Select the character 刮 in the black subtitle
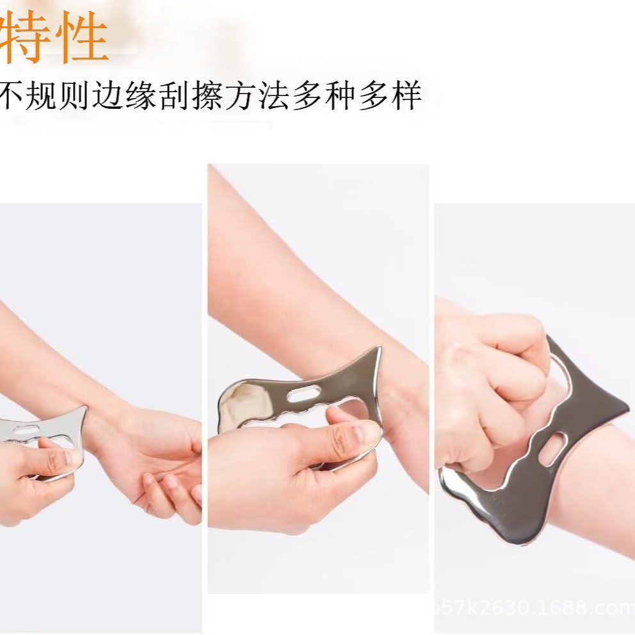(x=174, y=96)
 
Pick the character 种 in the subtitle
(x=340, y=96)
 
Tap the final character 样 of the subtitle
(x=406, y=96)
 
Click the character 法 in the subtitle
(x=273, y=96)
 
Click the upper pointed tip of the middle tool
(x=378, y=351)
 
